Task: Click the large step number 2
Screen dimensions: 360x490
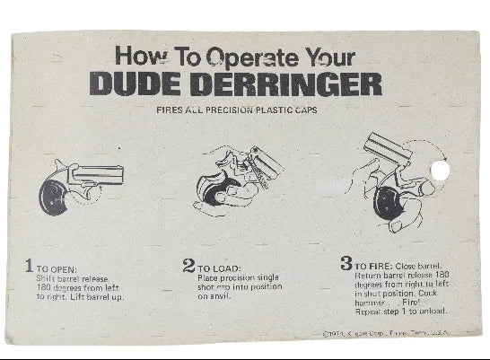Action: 188,266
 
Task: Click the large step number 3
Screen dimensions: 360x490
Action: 346,264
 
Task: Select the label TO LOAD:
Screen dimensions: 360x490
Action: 217,268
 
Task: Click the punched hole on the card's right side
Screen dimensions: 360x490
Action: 438,170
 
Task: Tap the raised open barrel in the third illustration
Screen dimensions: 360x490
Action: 389,146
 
